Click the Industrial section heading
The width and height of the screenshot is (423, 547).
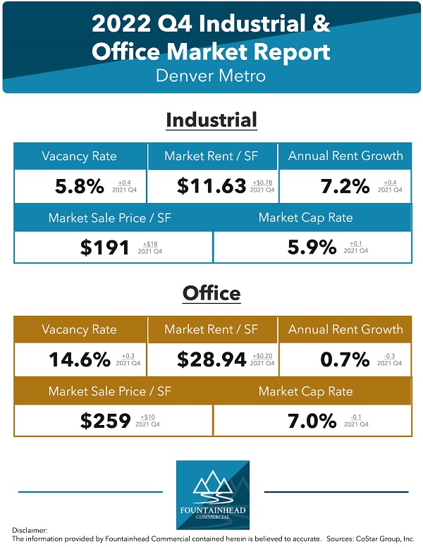pos(211,120)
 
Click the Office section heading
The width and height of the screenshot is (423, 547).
pos(211,292)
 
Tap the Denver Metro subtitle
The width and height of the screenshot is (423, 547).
pos(211,75)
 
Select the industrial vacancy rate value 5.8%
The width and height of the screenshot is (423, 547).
pos(80,186)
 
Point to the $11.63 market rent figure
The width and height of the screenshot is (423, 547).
pos(211,186)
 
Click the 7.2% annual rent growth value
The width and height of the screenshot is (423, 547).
pos(345,186)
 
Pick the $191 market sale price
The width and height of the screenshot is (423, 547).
pos(104,247)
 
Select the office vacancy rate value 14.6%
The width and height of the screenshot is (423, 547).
pos(80,359)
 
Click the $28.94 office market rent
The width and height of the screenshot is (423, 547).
pos(211,359)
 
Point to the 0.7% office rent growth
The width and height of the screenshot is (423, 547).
pos(345,359)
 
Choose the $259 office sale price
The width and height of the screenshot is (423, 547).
pos(104,421)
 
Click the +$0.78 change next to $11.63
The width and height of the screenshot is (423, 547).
pos(262,183)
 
